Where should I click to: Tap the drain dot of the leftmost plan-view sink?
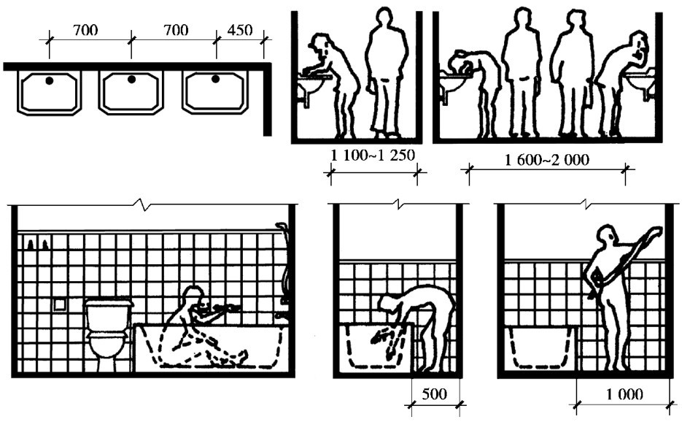49,80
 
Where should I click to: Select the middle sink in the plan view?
131,92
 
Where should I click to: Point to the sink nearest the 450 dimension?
216,91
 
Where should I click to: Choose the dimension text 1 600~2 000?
547,159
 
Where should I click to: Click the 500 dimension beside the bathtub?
435,394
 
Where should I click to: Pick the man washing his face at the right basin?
620,80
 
